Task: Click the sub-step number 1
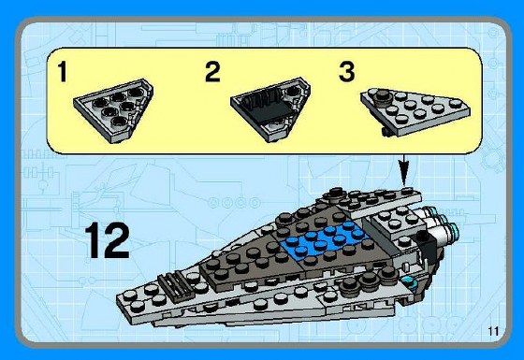coord(64,74)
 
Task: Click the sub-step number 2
coord(212,73)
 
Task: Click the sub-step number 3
coord(346,72)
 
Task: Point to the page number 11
coord(492,331)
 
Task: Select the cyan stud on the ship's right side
coord(409,281)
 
